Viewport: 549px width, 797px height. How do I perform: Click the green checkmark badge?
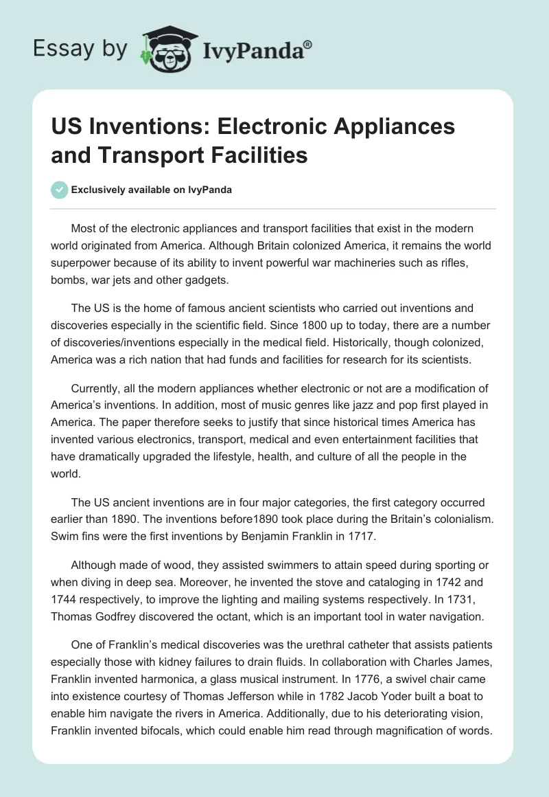pyautogui.click(x=59, y=190)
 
